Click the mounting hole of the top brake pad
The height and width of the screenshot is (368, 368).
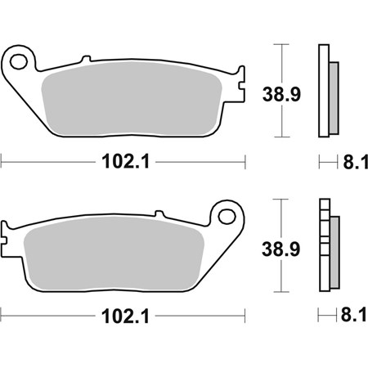pos(19,61)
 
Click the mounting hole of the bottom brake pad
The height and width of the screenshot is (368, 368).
pos(227,217)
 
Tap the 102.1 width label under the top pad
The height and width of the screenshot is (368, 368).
pos(126,162)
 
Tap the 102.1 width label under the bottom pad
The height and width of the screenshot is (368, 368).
pos(125,316)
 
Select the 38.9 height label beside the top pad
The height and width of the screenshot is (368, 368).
pos(281,94)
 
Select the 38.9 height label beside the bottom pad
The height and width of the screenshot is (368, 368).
pos(281,249)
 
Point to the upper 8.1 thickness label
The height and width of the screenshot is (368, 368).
pos(355,162)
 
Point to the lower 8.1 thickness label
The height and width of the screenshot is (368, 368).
pos(354,315)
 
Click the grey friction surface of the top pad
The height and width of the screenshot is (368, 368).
pos(131,99)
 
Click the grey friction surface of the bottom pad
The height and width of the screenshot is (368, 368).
pos(114,254)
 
